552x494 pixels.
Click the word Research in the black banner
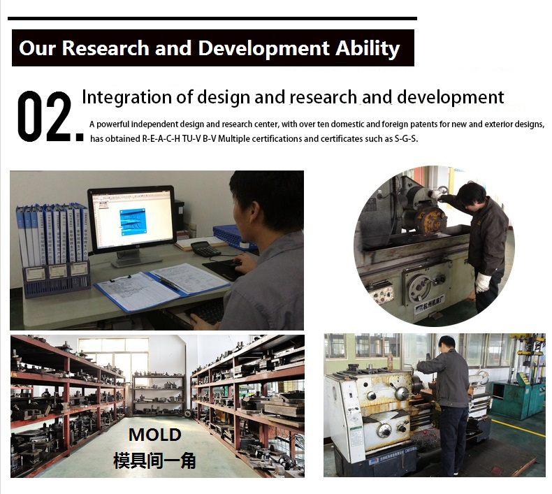pos(106,48)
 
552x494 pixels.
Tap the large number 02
pos(50,117)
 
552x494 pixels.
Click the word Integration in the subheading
pos(127,97)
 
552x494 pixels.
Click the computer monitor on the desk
pos(133,226)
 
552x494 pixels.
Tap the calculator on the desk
pos(205,248)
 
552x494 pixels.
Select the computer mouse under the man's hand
pos(237,263)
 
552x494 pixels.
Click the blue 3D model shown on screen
pos(133,221)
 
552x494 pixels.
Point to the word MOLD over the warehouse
pos(155,435)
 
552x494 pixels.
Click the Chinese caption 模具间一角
pos(154,461)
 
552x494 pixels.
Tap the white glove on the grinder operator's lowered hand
pos(483,282)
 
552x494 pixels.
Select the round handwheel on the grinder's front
pos(423,288)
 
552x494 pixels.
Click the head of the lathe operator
pos(447,343)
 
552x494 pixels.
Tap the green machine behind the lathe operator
pos(512,396)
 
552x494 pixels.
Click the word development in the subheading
pos(451,97)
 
